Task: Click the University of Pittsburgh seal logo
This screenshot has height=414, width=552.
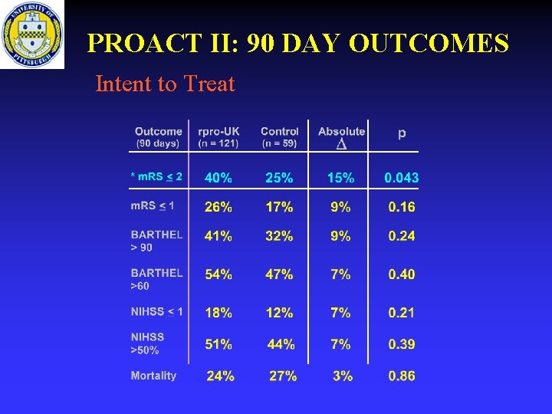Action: tap(32, 34)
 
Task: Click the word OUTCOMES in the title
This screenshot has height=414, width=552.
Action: tap(429, 44)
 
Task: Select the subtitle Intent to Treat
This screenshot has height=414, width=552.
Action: tap(165, 84)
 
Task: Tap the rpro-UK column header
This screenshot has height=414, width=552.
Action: tap(219, 136)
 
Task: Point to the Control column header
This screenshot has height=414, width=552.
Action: tap(279, 136)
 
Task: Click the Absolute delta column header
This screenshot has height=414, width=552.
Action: tap(341, 136)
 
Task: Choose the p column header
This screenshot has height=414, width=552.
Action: tap(402, 133)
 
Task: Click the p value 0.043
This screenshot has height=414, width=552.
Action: tap(402, 178)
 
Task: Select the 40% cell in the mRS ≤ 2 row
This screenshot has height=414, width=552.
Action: tap(219, 178)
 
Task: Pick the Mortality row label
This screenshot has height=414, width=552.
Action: tap(153, 376)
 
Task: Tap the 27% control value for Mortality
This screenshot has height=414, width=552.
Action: tap(282, 376)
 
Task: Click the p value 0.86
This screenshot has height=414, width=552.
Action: tap(402, 376)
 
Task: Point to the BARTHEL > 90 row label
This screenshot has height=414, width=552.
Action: tap(156, 241)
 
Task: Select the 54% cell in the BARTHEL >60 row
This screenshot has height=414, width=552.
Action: tap(219, 274)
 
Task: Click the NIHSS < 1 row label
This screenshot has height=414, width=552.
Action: tap(156, 311)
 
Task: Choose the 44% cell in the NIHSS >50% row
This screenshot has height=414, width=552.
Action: tap(281, 344)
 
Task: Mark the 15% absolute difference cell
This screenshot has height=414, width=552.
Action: tap(340, 178)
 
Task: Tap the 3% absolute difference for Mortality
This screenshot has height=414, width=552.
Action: tap(343, 376)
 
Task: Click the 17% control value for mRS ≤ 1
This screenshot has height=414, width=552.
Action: tap(279, 206)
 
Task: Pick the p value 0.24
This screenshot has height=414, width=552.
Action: tap(402, 236)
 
